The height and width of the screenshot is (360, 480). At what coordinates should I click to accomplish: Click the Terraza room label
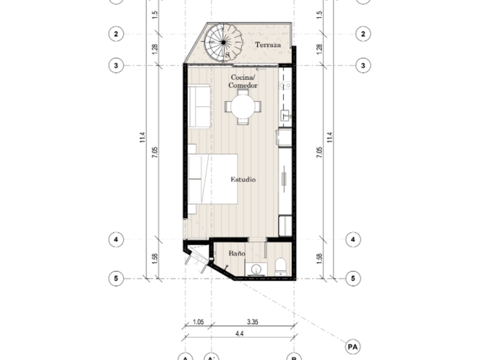click(x=268, y=45)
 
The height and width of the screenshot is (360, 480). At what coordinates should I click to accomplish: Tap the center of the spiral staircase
click(x=223, y=42)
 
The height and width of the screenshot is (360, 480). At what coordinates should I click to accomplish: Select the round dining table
click(x=243, y=106)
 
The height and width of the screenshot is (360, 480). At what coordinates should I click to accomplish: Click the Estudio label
click(x=243, y=179)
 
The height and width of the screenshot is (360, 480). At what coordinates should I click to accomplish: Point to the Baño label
click(x=237, y=253)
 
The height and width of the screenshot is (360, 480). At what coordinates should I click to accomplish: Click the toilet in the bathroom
click(x=281, y=266)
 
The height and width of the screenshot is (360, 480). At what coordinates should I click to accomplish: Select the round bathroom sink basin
click(x=256, y=270)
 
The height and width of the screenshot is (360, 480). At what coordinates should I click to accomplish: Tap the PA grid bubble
click(x=353, y=347)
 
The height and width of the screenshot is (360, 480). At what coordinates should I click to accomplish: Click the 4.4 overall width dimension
click(x=239, y=333)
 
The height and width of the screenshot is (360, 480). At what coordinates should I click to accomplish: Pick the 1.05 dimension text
click(x=198, y=322)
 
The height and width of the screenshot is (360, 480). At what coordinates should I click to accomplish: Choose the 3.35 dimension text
click(x=253, y=322)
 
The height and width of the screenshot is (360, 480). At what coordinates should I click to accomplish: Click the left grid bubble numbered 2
click(x=116, y=34)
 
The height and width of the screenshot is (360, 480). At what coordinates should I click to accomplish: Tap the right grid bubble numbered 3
click(x=363, y=65)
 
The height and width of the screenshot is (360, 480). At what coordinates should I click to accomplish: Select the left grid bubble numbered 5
click(x=116, y=279)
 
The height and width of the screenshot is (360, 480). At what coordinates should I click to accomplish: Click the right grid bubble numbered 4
click(x=353, y=239)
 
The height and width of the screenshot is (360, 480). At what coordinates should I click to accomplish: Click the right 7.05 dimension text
click(x=319, y=152)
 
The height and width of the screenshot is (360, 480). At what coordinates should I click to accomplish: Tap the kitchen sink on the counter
click(x=285, y=115)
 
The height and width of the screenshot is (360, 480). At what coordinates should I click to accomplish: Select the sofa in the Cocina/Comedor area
click(x=199, y=106)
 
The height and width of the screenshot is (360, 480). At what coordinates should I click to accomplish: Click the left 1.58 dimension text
click(x=155, y=259)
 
